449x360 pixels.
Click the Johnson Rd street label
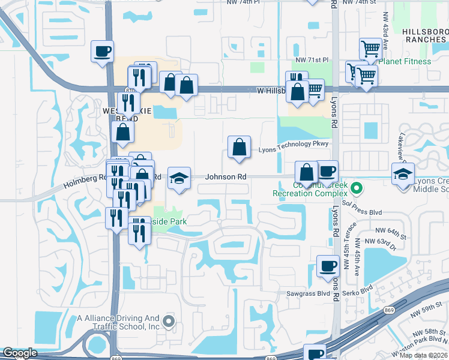(x=226, y=177)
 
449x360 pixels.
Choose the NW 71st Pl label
(x=313, y=61)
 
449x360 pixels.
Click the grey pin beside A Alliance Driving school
(x=169, y=321)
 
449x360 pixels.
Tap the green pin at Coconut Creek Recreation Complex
(x=357, y=189)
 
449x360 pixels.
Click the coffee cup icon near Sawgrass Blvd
(x=328, y=266)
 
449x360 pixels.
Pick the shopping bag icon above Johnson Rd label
(x=239, y=146)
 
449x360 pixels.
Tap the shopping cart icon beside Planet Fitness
(x=371, y=49)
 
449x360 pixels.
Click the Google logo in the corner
(x=20, y=353)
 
